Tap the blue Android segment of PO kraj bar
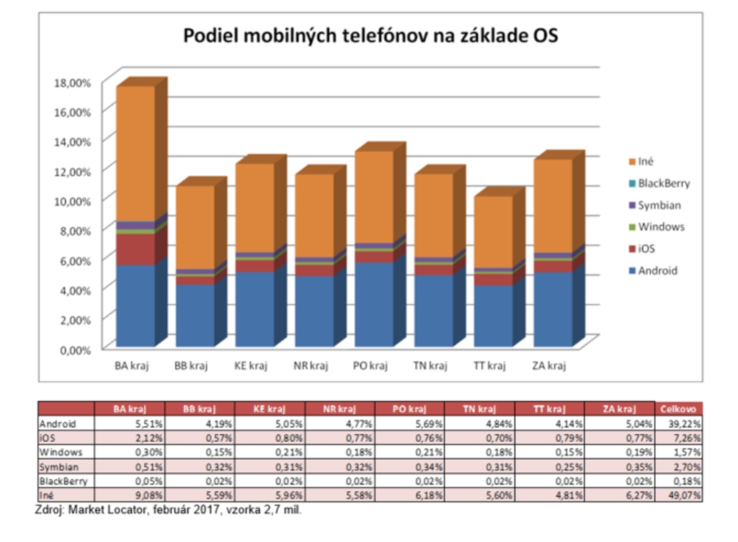click(373, 303)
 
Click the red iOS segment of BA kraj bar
click(135, 249)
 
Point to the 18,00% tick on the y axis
click(72, 82)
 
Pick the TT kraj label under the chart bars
click(490, 365)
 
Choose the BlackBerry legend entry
click(663, 183)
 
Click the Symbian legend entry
click(659, 205)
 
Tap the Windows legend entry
click(661, 227)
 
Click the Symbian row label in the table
click(58, 466)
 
